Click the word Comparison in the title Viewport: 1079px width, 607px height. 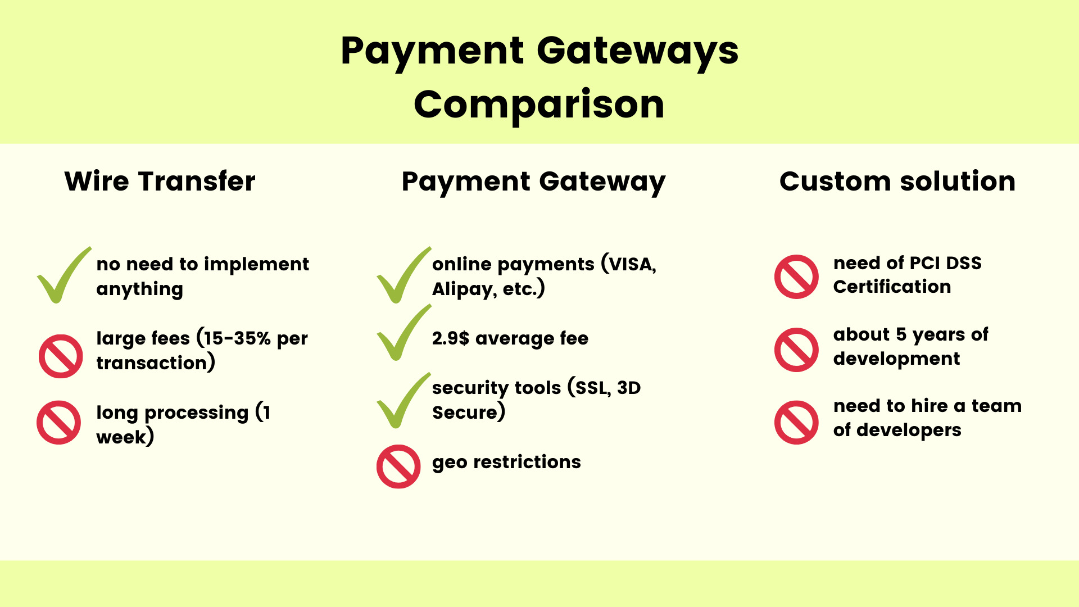[x=539, y=105]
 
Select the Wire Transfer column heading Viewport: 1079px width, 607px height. [x=160, y=182]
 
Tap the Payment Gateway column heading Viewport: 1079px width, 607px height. [x=533, y=182]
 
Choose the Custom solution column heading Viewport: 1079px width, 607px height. [x=897, y=182]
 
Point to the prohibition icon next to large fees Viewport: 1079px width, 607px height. [x=61, y=356]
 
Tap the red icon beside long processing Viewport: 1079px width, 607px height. [x=59, y=423]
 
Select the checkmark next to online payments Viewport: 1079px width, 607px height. [x=402, y=275]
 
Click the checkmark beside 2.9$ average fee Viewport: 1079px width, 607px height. [x=402, y=333]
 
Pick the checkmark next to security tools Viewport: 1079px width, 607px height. [x=402, y=401]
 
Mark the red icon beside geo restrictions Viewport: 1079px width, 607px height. [x=398, y=466]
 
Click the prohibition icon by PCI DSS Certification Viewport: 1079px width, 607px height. [x=796, y=277]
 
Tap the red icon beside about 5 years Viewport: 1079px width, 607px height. [x=796, y=350]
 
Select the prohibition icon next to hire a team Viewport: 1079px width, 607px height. [x=796, y=422]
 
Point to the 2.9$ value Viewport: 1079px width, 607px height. [x=450, y=338]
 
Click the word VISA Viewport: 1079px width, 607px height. [x=632, y=264]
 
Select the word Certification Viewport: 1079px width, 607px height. [x=892, y=287]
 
